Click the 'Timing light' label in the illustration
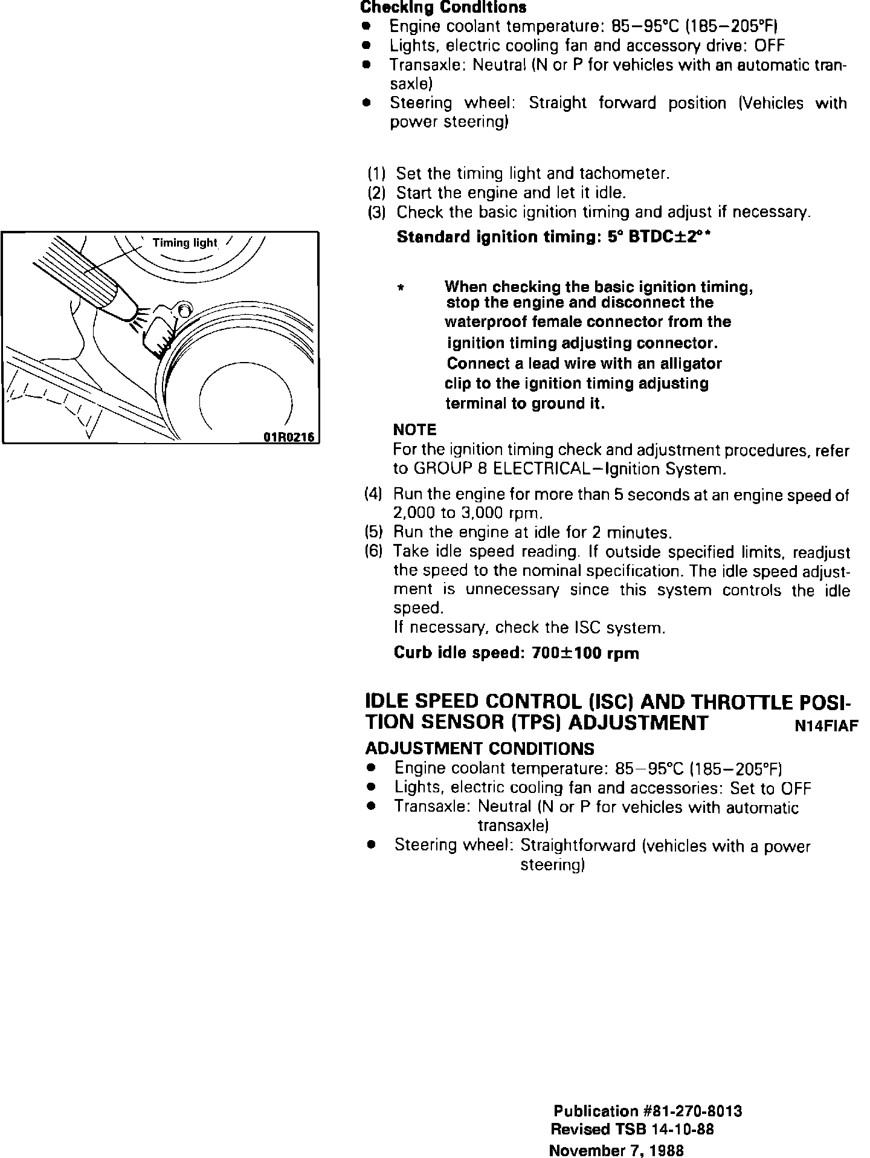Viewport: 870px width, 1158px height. coord(184,243)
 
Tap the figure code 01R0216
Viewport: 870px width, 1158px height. coord(289,438)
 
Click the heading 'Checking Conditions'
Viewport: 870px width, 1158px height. coord(443,8)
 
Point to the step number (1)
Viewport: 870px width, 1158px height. coord(376,174)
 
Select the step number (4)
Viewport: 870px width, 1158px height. coord(373,494)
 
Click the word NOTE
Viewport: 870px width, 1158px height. coord(414,430)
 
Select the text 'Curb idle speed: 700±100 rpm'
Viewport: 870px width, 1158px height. coord(516,653)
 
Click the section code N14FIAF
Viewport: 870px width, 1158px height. coord(826,726)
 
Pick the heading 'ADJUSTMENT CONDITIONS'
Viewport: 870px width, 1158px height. coord(480,749)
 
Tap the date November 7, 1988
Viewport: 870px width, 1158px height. coord(616,1151)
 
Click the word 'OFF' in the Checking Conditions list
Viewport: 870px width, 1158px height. coord(768,45)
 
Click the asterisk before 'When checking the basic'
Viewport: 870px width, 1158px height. coord(400,288)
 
